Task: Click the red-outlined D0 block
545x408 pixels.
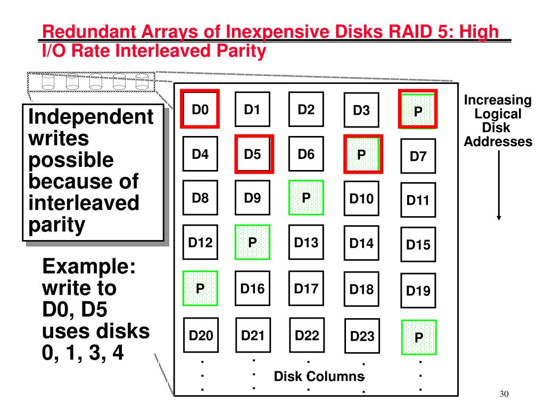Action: [x=200, y=110]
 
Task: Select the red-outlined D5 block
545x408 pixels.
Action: [x=253, y=155]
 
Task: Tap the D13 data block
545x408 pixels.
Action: [x=306, y=243]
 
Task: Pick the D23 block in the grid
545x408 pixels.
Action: [x=361, y=336]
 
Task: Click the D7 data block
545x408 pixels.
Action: [x=418, y=156]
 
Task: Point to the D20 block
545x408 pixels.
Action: [x=201, y=335]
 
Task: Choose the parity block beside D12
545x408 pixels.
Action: [x=252, y=242]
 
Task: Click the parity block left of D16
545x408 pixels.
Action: [x=200, y=288]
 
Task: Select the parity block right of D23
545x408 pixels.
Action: [x=418, y=337]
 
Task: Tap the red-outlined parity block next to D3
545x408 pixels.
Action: [x=418, y=110]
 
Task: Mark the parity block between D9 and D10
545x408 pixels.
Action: [x=306, y=198]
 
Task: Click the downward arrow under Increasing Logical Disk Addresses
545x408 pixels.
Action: [x=499, y=186]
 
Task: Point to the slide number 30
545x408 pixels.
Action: [x=505, y=394]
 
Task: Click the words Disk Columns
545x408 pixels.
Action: [x=319, y=377]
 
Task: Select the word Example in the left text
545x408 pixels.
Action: [x=88, y=266]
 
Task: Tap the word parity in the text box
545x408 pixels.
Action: [x=56, y=225]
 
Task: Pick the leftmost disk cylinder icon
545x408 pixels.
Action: [x=49, y=82]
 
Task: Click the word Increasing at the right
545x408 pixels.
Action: [x=498, y=100]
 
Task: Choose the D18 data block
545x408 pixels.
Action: [x=361, y=290]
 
